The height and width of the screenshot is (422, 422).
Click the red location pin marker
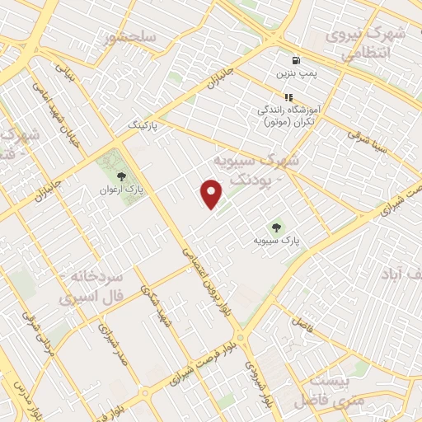pyautogui.click(x=212, y=193)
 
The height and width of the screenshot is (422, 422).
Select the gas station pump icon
pyautogui.click(x=294, y=61)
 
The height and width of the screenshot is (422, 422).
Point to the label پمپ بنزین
pyautogui.click(x=295, y=74)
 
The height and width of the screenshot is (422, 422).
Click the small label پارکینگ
pyautogui.click(x=141, y=123)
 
